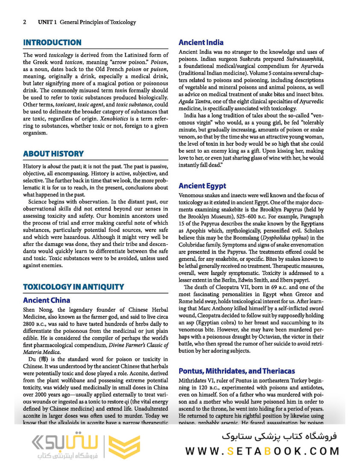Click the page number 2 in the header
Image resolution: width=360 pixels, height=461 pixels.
point(25,22)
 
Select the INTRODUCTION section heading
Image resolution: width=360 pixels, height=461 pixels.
point(52,43)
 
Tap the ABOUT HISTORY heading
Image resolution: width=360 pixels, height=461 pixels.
point(53,154)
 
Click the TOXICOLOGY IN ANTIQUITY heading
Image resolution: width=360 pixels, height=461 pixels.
point(73,287)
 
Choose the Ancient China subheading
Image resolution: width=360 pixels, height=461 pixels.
point(47,301)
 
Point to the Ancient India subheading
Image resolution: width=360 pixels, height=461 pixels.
point(201,43)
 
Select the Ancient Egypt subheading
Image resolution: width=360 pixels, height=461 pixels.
point(202,186)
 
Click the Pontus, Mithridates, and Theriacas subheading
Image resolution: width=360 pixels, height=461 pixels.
point(237,371)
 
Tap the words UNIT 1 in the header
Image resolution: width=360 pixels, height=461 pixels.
point(47,22)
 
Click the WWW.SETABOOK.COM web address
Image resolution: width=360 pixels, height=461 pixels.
point(262,451)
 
